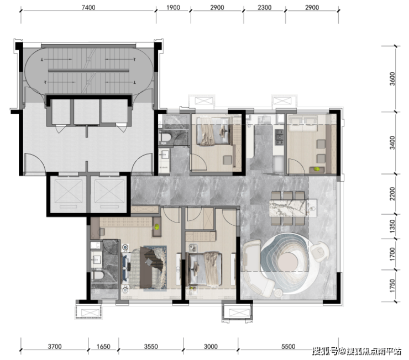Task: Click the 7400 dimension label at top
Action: (88, 7)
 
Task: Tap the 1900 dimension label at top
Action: (173, 7)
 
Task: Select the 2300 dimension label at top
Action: (265, 7)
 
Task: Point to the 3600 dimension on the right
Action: (392, 78)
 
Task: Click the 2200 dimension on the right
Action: (392, 194)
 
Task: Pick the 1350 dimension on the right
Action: (392, 226)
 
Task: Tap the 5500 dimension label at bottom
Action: (288, 346)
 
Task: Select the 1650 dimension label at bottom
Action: (103, 346)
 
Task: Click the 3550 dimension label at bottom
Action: (151, 346)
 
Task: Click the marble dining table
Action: (288, 208)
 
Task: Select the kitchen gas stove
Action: (279, 137)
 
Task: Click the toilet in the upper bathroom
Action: (165, 137)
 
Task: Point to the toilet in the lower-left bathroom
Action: (98, 276)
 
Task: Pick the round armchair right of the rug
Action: (320, 251)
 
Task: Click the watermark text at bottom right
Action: (357, 351)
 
